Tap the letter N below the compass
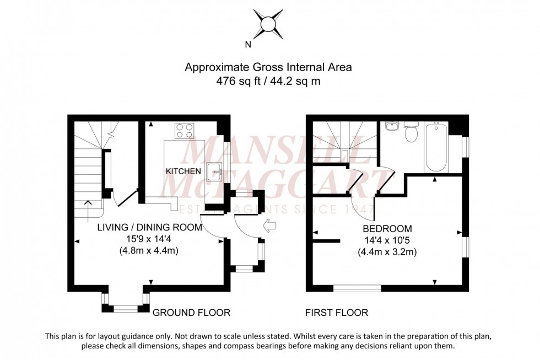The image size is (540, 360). pyautogui.click(x=248, y=45)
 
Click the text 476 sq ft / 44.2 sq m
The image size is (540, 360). pyautogui.click(x=268, y=81)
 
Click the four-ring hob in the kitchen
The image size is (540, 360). pyautogui.click(x=185, y=130)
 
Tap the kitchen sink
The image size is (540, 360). pyautogui.click(x=214, y=173)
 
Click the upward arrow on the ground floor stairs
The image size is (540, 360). pyautogui.click(x=87, y=208)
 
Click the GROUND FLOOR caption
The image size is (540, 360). pyautogui.click(x=191, y=313)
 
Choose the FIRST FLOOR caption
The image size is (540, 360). pyautogui.click(x=337, y=313)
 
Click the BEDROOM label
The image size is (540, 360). pyautogui.click(x=387, y=228)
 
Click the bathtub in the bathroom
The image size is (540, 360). pyautogui.click(x=435, y=147)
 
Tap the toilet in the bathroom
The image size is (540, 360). pyautogui.click(x=411, y=132)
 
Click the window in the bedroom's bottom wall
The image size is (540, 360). pyautogui.click(x=357, y=288)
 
